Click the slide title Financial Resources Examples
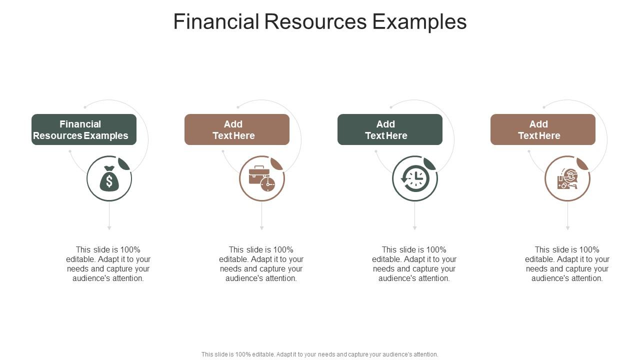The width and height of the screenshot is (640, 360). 320,22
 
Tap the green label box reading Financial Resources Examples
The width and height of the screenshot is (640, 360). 84,129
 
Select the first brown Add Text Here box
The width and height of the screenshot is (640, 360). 237,129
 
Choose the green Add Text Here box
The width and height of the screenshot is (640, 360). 390,129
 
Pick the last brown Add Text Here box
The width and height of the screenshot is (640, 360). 543,129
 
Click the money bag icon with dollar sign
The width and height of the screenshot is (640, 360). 109,179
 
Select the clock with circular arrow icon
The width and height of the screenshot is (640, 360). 415,179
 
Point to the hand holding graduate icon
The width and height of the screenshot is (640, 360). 567,179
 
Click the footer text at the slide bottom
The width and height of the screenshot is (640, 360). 320,354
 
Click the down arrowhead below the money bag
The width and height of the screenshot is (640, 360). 109,227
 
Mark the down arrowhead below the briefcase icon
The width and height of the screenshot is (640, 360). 262,227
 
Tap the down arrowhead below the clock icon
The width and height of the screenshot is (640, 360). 415,227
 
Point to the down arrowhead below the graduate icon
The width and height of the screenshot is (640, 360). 568,227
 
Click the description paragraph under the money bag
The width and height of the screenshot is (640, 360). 108,264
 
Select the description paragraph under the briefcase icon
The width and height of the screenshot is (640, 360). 261,264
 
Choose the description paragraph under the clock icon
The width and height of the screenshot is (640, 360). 414,264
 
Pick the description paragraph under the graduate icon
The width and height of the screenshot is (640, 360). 567,264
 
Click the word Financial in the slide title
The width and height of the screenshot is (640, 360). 216,22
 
